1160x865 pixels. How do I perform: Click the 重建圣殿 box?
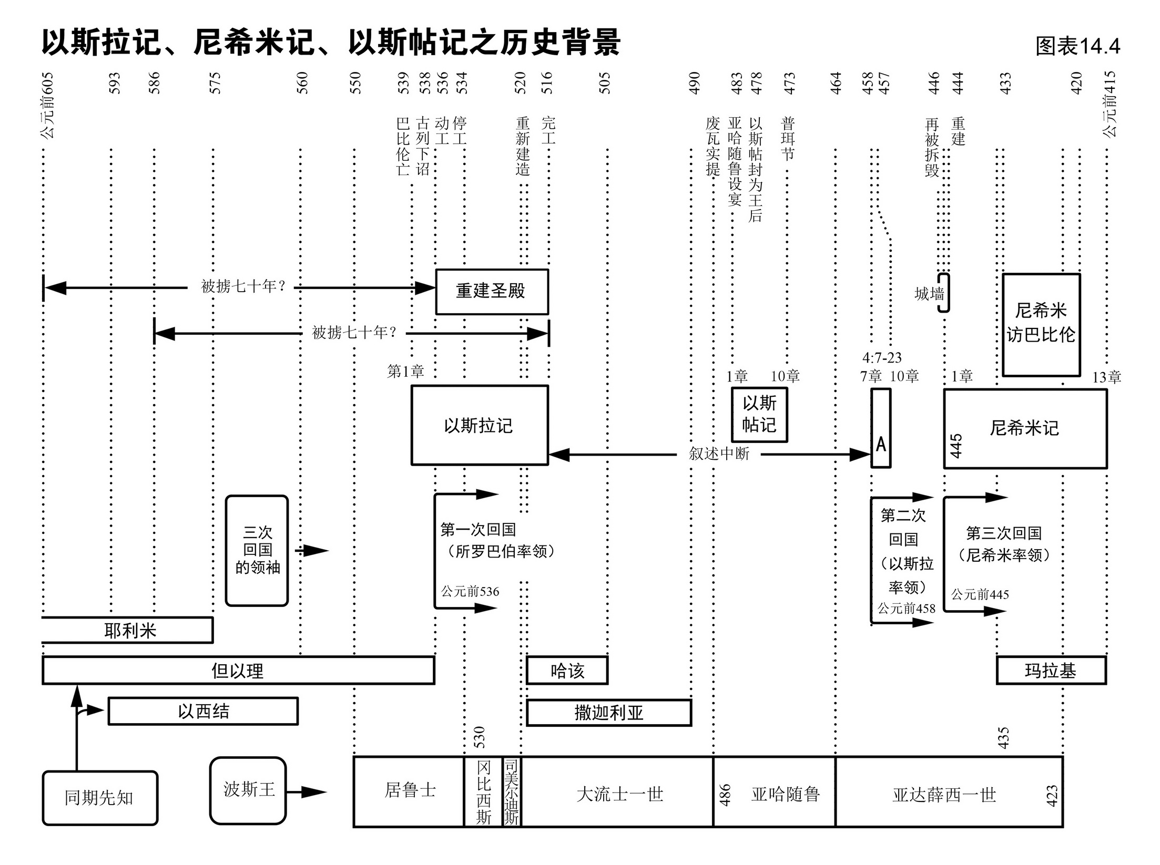[x=492, y=292]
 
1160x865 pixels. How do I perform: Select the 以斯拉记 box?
[x=479, y=425]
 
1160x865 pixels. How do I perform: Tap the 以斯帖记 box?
[x=759, y=415]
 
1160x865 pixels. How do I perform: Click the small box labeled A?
[x=881, y=428]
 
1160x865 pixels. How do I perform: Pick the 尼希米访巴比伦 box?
[x=1041, y=324]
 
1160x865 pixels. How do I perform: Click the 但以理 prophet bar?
[x=238, y=671]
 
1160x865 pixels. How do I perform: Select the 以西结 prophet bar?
[x=203, y=712]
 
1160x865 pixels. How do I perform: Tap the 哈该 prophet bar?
[x=567, y=671]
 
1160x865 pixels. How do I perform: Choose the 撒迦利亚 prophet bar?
[x=608, y=713]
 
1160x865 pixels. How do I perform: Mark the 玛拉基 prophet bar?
[x=1051, y=671]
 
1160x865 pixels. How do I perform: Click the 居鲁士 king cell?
[x=409, y=791]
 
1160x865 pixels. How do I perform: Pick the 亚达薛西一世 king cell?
[x=944, y=794]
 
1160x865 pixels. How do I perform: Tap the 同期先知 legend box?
[x=100, y=798]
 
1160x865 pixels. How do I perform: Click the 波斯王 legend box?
[x=248, y=790]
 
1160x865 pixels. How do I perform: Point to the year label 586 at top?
[x=154, y=83]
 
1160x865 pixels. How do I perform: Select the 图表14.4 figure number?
[x=1077, y=47]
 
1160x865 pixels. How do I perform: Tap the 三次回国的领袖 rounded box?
[x=257, y=550]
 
